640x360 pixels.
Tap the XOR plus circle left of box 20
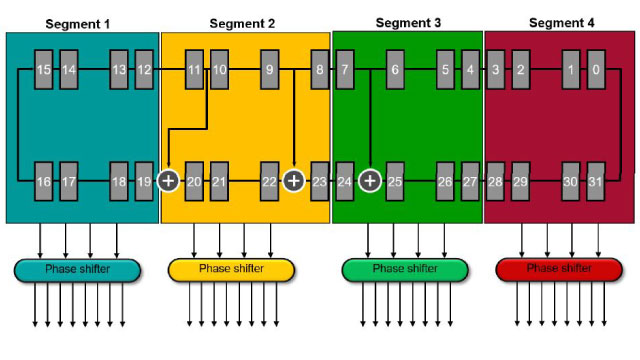tap(168, 181)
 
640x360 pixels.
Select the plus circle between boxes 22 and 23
tap(293, 181)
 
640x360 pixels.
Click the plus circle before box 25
tap(370, 181)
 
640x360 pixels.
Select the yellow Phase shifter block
tap(231, 269)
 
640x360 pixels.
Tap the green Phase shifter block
tap(405, 269)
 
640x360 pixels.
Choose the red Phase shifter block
tap(558, 269)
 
